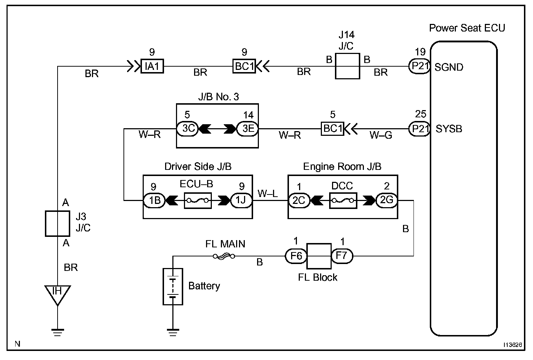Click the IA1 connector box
pyautogui.click(x=152, y=66)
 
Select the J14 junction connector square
pyautogui.click(x=347, y=66)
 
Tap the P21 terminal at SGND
pyautogui.click(x=419, y=67)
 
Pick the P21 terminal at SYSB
pyautogui.click(x=419, y=129)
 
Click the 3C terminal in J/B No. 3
pyautogui.click(x=187, y=129)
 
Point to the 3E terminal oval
pyautogui.click(x=248, y=129)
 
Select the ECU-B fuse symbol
pyautogui.click(x=197, y=200)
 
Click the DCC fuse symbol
pyautogui.click(x=343, y=200)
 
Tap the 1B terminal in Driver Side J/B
pyautogui.click(x=154, y=200)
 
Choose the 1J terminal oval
pyautogui.click(x=242, y=200)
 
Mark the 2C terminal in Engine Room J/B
pyautogui.click(x=299, y=200)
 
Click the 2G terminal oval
pyautogui.click(x=387, y=200)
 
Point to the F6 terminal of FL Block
pyautogui.click(x=296, y=256)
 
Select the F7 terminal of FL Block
pyautogui.click(x=341, y=256)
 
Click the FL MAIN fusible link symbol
pyautogui.click(x=224, y=256)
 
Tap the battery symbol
pyautogui.click(x=173, y=286)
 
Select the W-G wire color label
pyautogui.click(x=381, y=135)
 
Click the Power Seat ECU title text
pyautogui.click(x=467, y=28)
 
